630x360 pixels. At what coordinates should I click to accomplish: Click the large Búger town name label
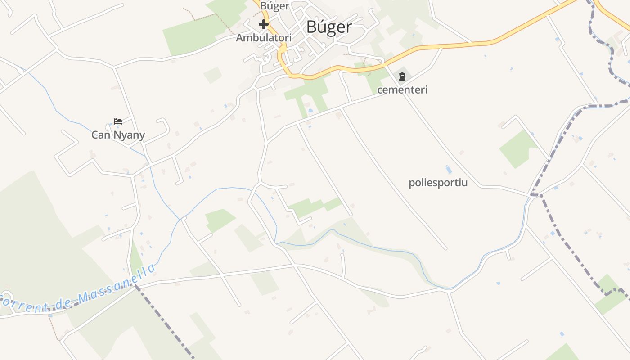329,27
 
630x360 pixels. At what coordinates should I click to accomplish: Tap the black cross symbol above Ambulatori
264,24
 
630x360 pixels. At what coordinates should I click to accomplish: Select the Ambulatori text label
264,38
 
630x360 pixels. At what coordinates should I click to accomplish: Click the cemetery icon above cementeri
402,76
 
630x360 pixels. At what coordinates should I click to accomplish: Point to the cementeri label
402,90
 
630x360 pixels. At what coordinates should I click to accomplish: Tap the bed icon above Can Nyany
118,121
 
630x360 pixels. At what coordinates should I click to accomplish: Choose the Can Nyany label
118,135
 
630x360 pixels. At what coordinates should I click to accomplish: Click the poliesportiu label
438,183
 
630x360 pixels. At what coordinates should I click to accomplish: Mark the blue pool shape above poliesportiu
448,170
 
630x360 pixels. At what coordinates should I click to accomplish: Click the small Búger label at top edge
274,6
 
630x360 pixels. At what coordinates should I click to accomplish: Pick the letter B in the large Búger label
311,27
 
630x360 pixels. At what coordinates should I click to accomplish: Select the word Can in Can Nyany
101,135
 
